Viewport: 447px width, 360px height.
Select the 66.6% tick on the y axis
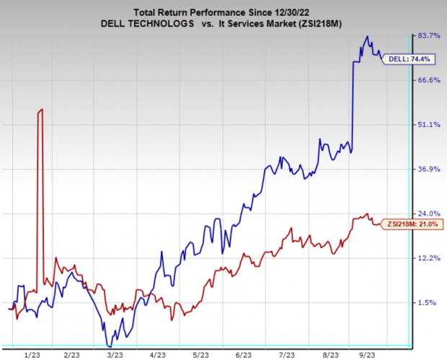pyautogui.click(x=429, y=80)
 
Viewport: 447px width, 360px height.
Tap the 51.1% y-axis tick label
pyautogui.click(x=429, y=125)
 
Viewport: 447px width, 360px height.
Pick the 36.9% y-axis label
pyautogui.click(x=429, y=170)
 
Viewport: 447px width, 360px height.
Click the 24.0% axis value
pyautogui.click(x=429, y=214)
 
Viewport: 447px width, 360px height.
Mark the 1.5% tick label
pyautogui.click(x=430, y=303)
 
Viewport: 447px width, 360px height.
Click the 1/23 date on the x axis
pyautogui.click(x=32, y=355)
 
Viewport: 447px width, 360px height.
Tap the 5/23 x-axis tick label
pyautogui.click(x=200, y=355)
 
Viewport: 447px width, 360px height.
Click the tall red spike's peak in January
pyautogui.click(x=41, y=109)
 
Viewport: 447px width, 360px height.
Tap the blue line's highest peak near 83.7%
pyautogui.click(x=368, y=37)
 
